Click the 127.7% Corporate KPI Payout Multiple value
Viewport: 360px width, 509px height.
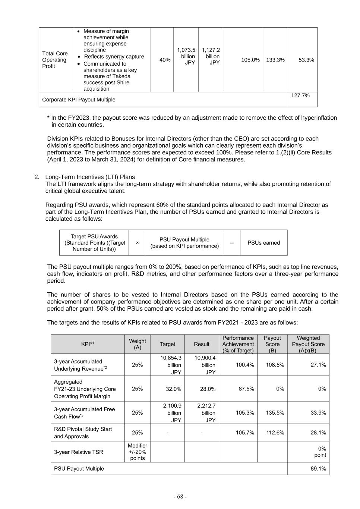(x=300, y=95)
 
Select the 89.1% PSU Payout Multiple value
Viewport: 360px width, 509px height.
(x=318, y=468)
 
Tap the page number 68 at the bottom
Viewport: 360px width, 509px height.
(x=180, y=496)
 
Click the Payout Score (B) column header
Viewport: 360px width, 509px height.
(x=272, y=344)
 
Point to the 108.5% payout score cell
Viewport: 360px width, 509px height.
(x=275, y=365)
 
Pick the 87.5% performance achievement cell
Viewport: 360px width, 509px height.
(x=245, y=389)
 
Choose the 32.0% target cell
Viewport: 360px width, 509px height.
(x=173, y=389)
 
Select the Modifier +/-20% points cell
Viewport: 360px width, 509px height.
(x=138, y=452)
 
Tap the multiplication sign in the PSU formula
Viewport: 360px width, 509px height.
(x=137, y=243)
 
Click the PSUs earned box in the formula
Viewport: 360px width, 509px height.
(x=263, y=243)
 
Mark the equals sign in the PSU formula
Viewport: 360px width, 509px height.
(x=232, y=243)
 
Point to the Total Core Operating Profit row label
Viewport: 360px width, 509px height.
(x=55, y=60)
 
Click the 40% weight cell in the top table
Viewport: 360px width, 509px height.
(x=165, y=60)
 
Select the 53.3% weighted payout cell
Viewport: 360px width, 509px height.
(x=306, y=60)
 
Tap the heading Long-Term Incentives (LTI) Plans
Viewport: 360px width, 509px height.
(x=90, y=177)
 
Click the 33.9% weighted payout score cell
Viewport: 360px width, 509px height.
(x=318, y=413)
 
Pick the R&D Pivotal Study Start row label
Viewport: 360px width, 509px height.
(x=83, y=433)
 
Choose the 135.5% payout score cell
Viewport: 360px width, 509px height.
(x=275, y=413)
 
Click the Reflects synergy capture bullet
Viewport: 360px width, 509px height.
(x=114, y=57)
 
